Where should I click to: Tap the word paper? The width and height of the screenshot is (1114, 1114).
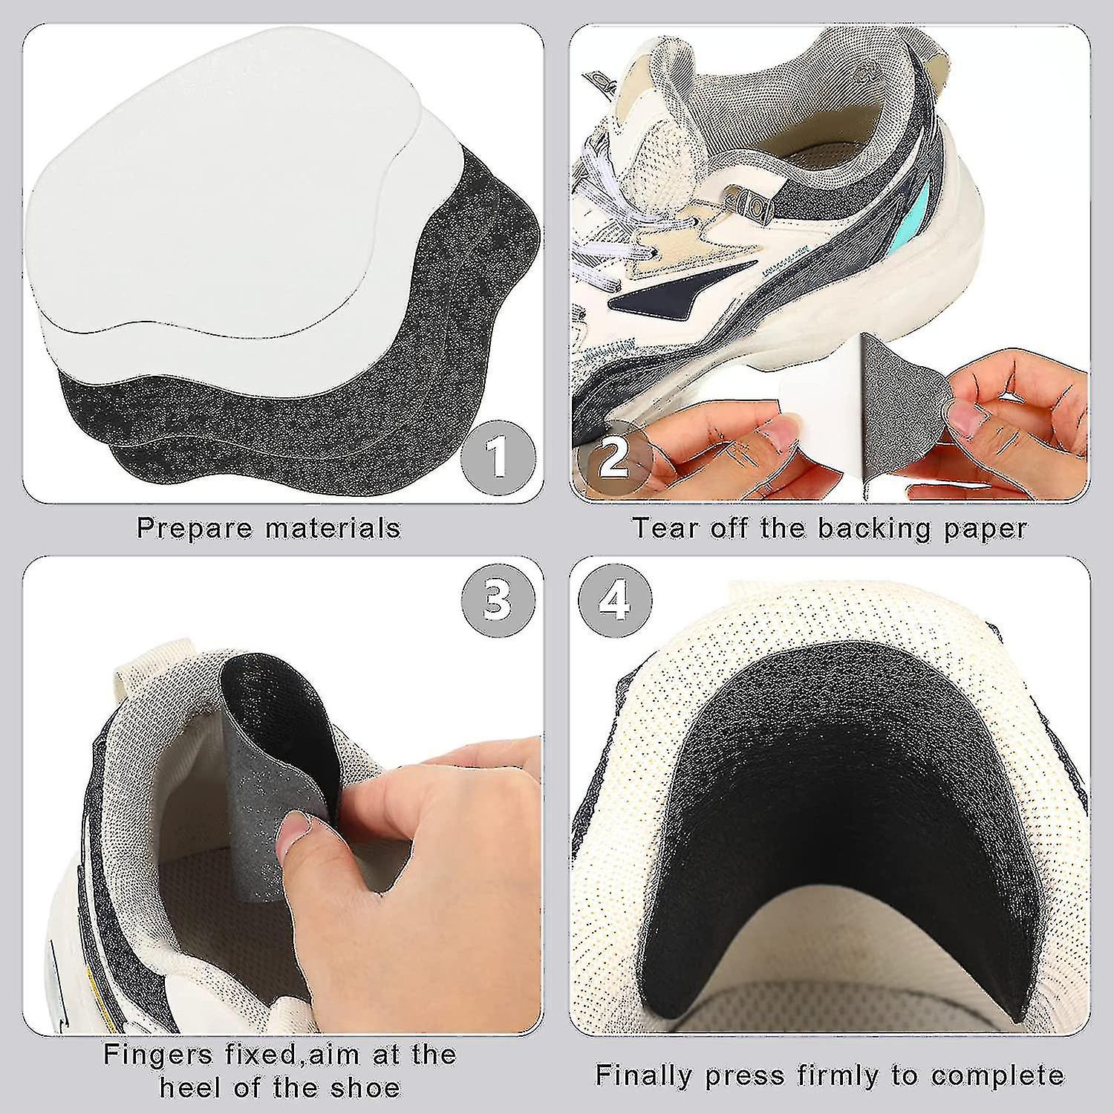coord(985,529)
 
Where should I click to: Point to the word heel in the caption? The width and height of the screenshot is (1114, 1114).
coord(190,1088)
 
